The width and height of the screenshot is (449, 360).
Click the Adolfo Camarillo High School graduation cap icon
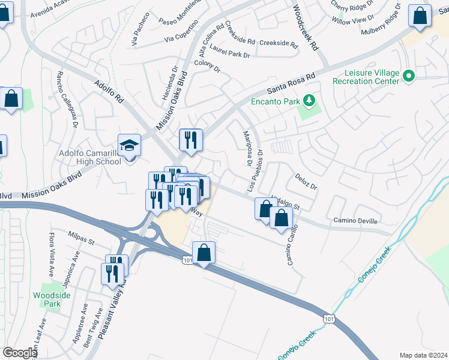(x=129, y=146)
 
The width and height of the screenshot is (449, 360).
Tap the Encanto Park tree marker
(x=309, y=100)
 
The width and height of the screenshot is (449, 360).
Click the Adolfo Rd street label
(x=109, y=91)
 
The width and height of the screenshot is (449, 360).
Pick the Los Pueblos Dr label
(x=256, y=170)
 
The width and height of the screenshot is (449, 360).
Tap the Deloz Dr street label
(x=306, y=182)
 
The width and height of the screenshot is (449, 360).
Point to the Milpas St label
(x=82, y=238)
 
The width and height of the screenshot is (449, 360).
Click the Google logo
(x=19, y=353)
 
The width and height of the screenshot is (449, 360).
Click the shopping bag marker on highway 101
(x=204, y=253)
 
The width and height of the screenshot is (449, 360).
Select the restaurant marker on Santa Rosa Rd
(x=191, y=140)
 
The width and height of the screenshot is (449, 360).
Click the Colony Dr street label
(x=207, y=67)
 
